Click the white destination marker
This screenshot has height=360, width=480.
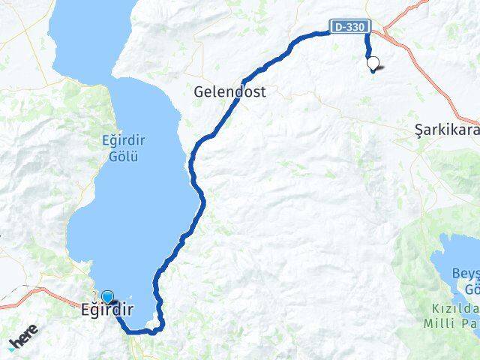[373, 64]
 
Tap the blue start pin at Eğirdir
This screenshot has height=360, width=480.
[107, 298]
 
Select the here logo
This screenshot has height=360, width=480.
[23, 341]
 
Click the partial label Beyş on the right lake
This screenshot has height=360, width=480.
[463, 275]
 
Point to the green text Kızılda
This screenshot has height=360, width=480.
[454, 307]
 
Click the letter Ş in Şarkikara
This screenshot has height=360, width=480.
[419, 130]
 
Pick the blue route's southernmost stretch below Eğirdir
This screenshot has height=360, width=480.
[139, 331]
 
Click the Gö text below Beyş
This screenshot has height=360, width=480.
[470, 289]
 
